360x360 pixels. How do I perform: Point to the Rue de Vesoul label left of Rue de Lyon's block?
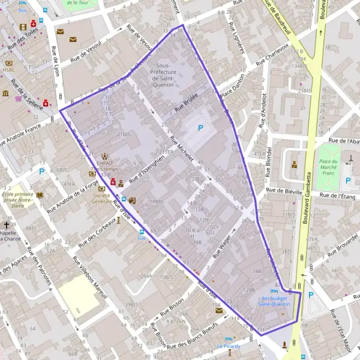pos(86,50)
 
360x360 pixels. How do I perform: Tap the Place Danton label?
pos(234,92)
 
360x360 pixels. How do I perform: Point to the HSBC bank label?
pos(8,70)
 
